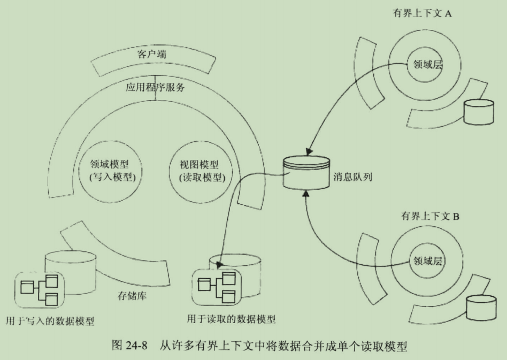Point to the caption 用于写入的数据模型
click(50, 321)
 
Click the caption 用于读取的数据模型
click(231, 319)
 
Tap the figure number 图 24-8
click(130, 346)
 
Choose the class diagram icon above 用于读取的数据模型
click(217, 287)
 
